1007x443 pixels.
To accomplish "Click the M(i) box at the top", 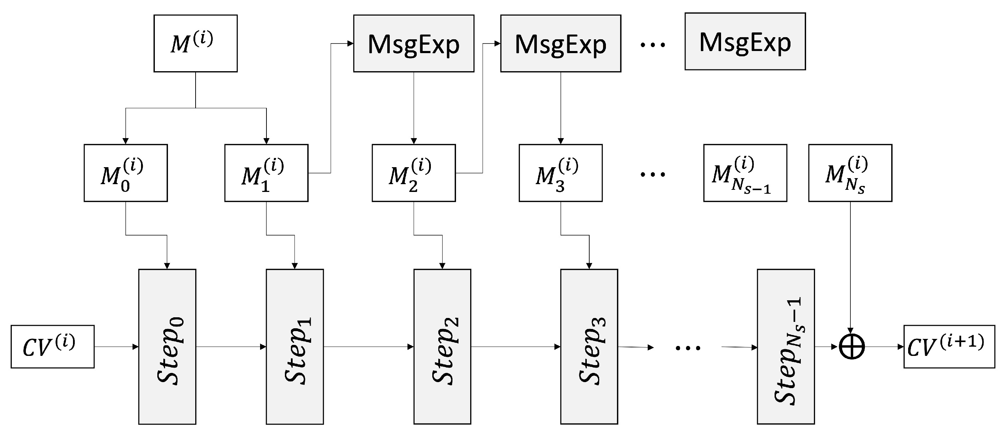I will pyautogui.click(x=195, y=43).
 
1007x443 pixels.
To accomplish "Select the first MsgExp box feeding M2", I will pyautogui.click(x=414, y=43).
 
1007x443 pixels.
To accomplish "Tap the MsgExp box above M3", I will pyautogui.click(x=561, y=43).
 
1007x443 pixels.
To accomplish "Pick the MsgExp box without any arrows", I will pyautogui.click(x=745, y=41).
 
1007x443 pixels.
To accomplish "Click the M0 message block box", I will pyautogui.click(x=125, y=173).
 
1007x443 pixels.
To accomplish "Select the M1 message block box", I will pyautogui.click(x=266, y=173).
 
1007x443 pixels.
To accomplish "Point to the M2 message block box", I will pyautogui.click(x=414, y=173).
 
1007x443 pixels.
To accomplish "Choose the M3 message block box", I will pyautogui.click(x=561, y=173).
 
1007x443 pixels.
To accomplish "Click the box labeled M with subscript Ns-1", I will pyautogui.click(x=745, y=173).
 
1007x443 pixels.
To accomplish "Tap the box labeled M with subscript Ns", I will pyautogui.click(x=850, y=173).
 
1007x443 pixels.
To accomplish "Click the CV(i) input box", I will pyautogui.click(x=52, y=347).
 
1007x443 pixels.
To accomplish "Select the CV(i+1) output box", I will pyautogui.click(x=949, y=347).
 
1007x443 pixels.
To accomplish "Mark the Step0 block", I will pyautogui.click(x=167, y=347).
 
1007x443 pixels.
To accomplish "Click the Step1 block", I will pyautogui.click(x=295, y=347).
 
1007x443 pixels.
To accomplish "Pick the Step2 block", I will pyautogui.click(x=442, y=347).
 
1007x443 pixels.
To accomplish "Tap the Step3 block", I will pyautogui.click(x=589, y=347).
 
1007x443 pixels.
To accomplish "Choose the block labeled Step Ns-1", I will pyautogui.click(x=786, y=347).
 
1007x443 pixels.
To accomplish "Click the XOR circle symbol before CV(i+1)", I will pyautogui.click(x=852, y=347).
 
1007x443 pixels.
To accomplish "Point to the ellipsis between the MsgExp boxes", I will pyautogui.click(x=652, y=45).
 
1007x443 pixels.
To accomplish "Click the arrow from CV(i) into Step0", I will pyautogui.click(x=116, y=347).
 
